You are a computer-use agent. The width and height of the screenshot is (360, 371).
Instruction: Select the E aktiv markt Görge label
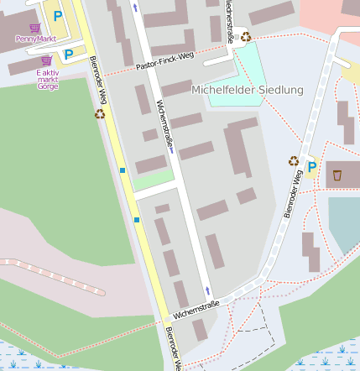coord(48,80)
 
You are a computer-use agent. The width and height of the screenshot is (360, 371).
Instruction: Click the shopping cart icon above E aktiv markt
coord(46,60)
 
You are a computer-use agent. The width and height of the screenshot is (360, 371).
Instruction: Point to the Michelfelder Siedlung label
coord(248,90)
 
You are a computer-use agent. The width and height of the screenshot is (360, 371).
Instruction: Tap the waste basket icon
coord(337,175)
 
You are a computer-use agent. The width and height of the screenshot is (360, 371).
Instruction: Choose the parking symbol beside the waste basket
coord(312,167)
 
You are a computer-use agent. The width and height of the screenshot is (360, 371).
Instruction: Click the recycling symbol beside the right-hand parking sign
coord(294,160)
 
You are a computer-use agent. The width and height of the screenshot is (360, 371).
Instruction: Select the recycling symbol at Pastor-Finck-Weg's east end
coord(246,36)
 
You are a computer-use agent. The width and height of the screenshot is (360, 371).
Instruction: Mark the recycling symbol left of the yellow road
coord(100,113)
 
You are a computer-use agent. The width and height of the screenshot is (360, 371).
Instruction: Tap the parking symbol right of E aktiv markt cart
coord(69,54)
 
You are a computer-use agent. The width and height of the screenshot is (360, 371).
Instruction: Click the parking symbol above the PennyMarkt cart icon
coord(57,16)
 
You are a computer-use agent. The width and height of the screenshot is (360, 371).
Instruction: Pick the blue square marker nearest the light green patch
coord(123,170)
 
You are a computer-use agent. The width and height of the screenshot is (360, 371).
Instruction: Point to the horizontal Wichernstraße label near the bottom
coord(196,308)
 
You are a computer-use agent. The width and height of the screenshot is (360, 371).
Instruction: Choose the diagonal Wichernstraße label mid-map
coord(165,126)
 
